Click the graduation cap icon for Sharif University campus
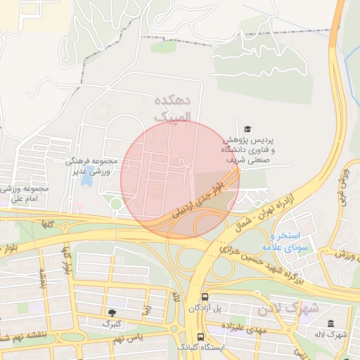pos(247,129)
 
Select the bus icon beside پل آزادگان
pos(204,297)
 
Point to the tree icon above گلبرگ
pos(111,312)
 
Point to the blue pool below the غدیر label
pos(87,180)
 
